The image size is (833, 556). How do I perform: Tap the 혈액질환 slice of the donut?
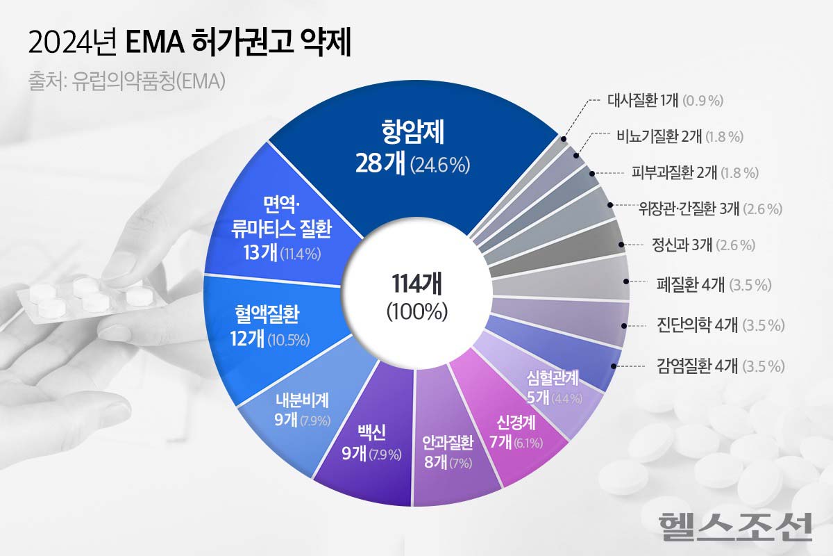pyautogui.click(x=267, y=327)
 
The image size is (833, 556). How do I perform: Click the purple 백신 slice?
pyautogui.click(x=366, y=445)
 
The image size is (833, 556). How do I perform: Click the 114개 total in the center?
pyautogui.click(x=416, y=284)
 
